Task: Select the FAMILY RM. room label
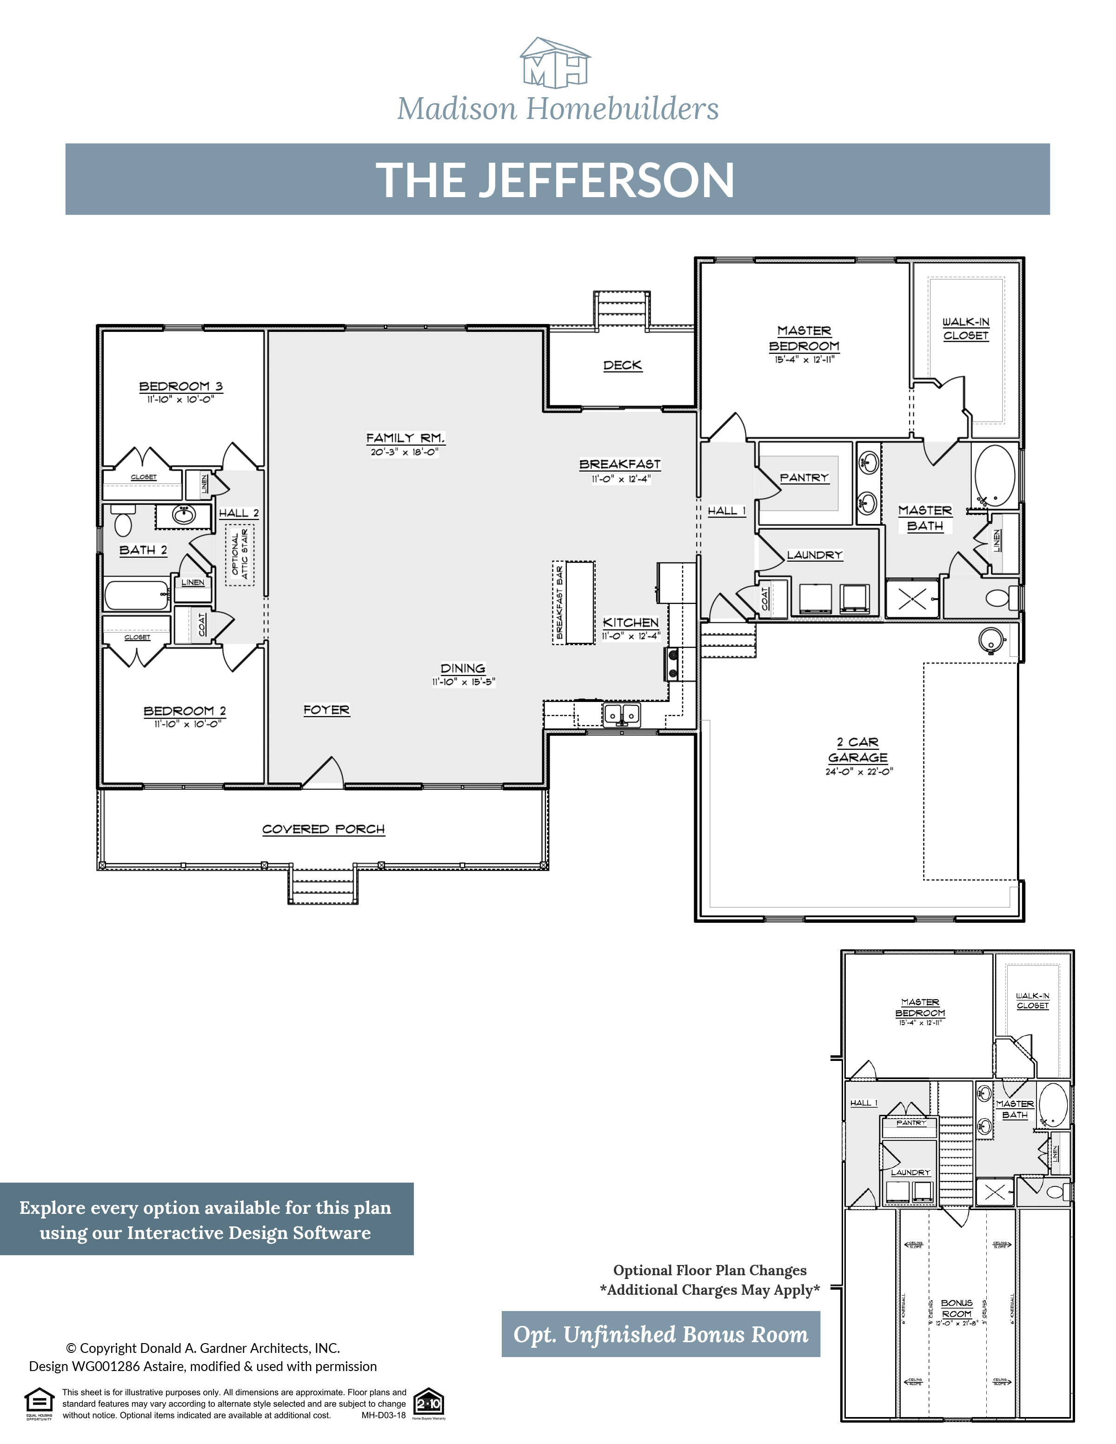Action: [x=405, y=437]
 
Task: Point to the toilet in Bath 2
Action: [x=123, y=523]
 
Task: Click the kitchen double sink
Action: [x=621, y=714]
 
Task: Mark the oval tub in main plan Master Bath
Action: [x=995, y=476]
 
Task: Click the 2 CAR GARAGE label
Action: [x=857, y=750]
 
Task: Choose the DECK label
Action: [x=622, y=365]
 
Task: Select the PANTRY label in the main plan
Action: [x=804, y=477]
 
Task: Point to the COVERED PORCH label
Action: [x=323, y=829]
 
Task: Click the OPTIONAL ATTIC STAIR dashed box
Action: [x=239, y=556]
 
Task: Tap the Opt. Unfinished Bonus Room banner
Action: [x=660, y=1334]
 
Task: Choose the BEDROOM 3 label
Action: [x=180, y=386]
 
